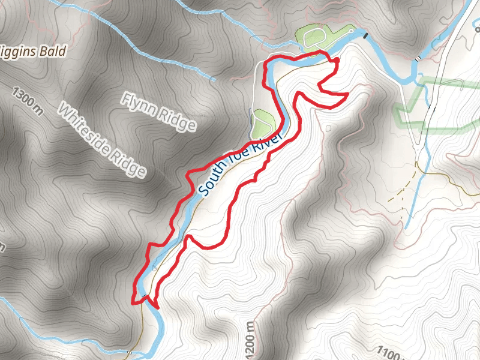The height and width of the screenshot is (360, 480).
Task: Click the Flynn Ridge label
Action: [160, 111]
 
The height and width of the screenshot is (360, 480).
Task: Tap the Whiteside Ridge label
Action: [101, 140]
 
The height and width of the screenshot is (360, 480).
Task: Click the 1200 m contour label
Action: [250, 340]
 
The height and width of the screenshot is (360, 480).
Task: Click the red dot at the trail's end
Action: [336, 60]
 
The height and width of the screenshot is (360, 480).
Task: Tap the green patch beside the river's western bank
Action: [263, 123]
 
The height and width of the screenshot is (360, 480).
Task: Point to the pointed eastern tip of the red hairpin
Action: [347, 94]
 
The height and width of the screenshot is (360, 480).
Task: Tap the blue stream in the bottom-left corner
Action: [24, 312]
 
